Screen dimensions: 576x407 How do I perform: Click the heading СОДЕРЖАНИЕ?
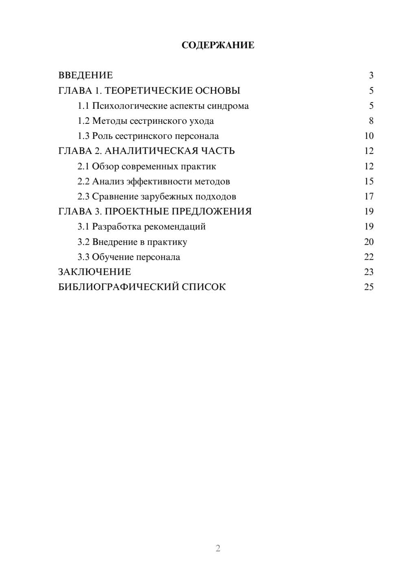[x=218, y=45]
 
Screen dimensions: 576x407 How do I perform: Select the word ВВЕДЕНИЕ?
[x=85, y=75]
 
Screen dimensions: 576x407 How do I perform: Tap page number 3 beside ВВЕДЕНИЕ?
[x=371, y=75]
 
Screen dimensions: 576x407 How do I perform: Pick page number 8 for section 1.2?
[x=371, y=121]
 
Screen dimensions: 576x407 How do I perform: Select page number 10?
[x=369, y=136]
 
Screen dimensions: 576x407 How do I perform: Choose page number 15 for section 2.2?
[x=369, y=181]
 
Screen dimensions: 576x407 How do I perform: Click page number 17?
[x=369, y=196]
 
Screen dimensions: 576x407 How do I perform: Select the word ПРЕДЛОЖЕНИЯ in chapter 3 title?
[x=212, y=211]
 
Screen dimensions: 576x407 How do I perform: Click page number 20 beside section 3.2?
[x=369, y=242]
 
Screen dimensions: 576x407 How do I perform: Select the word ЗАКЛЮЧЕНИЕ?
[x=94, y=272]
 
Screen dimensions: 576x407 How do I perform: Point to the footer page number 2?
[x=218, y=548]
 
